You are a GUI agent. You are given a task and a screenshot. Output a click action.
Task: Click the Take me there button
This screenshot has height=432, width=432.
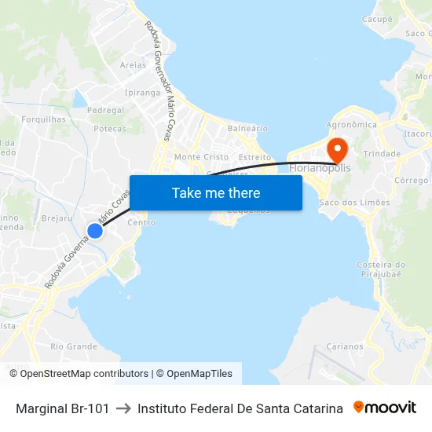pyautogui.click(x=216, y=192)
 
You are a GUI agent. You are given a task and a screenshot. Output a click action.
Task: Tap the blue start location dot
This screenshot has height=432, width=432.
pyautogui.click(x=94, y=230)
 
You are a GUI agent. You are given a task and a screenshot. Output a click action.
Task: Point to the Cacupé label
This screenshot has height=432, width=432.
pyautogui.click(x=377, y=19)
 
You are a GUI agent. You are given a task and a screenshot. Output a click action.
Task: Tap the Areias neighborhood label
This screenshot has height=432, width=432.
pyautogui.click(x=133, y=65)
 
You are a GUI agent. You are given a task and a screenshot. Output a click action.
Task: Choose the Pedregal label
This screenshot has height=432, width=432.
pyautogui.click(x=106, y=111)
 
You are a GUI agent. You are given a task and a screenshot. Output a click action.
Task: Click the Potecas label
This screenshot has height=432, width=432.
pyautogui.click(x=110, y=128)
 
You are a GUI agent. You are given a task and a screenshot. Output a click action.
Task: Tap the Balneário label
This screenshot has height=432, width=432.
pyautogui.click(x=247, y=128)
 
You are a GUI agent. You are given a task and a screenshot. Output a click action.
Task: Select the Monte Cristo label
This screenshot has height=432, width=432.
pyautogui.click(x=201, y=157)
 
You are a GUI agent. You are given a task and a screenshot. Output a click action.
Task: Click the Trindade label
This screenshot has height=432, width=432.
pyautogui.click(x=383, y=154)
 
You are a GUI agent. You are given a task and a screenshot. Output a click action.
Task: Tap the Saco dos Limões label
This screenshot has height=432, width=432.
pyautogui.click(x=355, y=203)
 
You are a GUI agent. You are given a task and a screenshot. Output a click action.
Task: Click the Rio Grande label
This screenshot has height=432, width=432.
pyautogui.click(x=74, y=346)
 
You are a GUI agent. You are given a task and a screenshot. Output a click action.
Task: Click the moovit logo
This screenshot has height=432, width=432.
pyautogui.click(x=385, y=408)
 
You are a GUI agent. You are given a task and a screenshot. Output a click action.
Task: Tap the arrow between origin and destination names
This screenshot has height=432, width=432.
pyautogui.click(x=123, y=408)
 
